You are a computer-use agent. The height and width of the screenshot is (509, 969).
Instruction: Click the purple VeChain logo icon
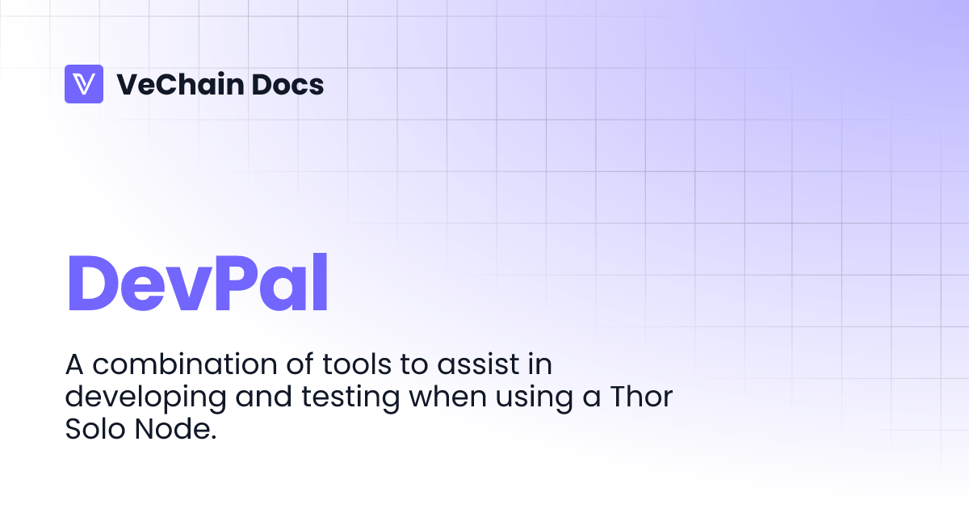coord(84,84)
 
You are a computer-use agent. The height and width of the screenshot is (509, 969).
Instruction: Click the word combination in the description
coord(175,364)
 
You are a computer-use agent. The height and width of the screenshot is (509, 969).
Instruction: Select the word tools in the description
coord(359,364)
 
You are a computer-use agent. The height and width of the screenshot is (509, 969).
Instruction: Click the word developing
coord(131,398)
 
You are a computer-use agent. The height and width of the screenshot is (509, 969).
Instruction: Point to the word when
coord(408,397)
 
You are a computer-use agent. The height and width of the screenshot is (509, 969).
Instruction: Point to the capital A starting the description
coord(75,364)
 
